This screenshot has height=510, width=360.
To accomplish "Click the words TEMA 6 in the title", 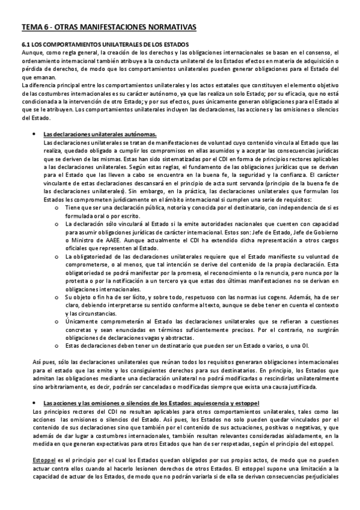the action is [34, 28].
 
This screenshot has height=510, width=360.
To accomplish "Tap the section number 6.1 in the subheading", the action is [26, 45].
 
